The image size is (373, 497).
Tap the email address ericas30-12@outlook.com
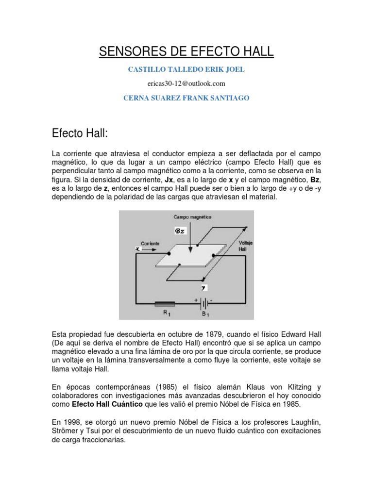coord(186,83)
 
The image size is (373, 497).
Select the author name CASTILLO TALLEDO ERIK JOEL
coord(186,69)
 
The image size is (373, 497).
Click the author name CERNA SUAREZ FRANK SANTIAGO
coord(186,98)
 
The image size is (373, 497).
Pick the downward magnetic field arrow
coord(191,238)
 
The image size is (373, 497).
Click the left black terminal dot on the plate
coord(169,253)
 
